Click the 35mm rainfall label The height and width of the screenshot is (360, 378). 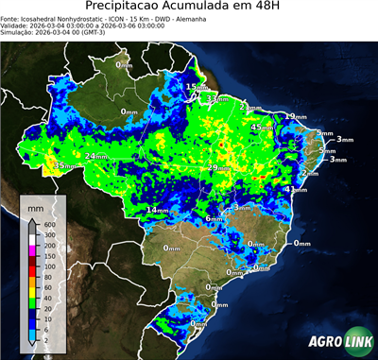(63, 165)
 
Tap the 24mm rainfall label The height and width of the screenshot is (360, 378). (95, 156)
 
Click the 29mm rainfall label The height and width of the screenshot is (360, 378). (219, 167)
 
